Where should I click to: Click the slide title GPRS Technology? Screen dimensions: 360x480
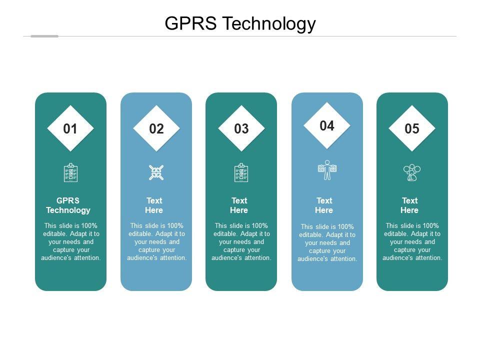click(x=240, y=23)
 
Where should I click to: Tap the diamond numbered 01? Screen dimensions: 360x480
click(x=70, y=129)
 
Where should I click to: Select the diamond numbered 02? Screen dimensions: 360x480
click(x=156, y=129)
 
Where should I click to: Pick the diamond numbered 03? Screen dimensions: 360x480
click(x=241, y=129)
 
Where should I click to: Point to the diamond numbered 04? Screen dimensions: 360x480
click(x=327, y=126)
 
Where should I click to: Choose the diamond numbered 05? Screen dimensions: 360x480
click(x=412, y=129)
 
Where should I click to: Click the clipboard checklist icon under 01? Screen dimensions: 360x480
click(x=70, y=172)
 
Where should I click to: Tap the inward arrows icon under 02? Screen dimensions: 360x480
click(x=156, y=173)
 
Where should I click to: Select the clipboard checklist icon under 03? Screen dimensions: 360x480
click(x=241, y=172)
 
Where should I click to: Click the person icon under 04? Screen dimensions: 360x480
click(x=327, y=170)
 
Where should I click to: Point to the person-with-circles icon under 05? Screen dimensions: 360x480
click(x=412, y=172)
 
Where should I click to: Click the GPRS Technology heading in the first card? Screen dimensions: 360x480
click(x=68, y=205)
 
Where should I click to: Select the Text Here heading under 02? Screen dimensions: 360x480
click(x=154, y=205)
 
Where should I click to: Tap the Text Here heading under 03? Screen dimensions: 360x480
click(x=239, y=205)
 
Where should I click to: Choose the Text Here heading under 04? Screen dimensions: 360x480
click(x=324, y=205)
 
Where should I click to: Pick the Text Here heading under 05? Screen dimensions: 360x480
click(x=409, y=205)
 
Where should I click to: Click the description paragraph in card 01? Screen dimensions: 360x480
click(x=71, y=242)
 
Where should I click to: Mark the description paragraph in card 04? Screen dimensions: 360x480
click(x=327, y=243)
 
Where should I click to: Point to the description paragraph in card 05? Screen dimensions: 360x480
click(x=412, y=242)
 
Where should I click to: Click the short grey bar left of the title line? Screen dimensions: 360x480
click(x=44, y=36)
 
